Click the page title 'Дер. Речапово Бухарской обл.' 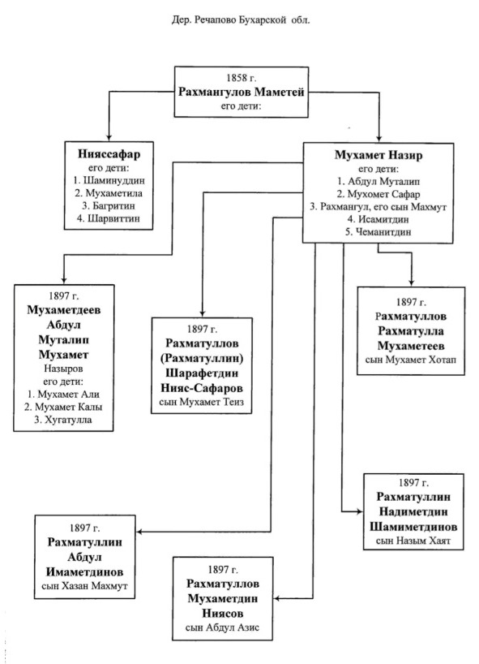(240, 20)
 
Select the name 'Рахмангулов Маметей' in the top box (241, 92)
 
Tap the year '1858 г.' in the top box (241, 78)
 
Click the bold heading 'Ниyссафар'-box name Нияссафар (109, 154)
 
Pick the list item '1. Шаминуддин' (109, 180)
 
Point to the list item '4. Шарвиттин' (109, 218)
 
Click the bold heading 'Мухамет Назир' (378, 155)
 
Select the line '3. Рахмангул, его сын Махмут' (378, 207)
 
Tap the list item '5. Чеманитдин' (378, 232)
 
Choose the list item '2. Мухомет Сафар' (378, 194)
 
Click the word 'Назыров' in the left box (63, 369)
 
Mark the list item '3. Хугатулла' (63, 420)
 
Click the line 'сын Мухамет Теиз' (201, 402)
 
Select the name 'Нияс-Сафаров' (202, 388)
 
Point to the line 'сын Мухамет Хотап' (410, 360)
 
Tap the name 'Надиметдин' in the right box (413, 511)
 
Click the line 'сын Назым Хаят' (413, 541)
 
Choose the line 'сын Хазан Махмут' (84, 586)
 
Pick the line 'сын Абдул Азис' (222, 627)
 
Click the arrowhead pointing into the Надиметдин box (360, 511)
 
